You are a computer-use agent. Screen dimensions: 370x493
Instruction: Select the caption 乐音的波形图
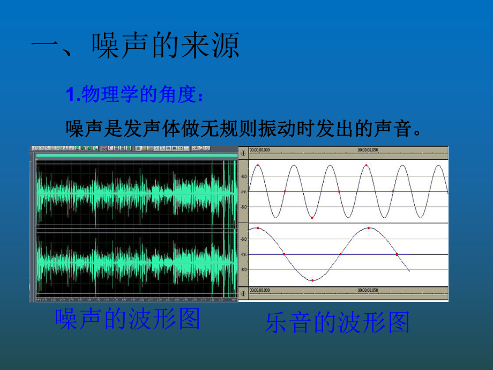(x=337, y=323)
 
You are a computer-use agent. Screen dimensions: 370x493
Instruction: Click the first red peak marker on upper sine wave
(x=258, y=166)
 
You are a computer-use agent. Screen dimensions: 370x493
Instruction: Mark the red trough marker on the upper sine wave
(x=312, y=218)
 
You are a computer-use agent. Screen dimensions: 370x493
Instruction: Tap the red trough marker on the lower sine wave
(x=312, y=280)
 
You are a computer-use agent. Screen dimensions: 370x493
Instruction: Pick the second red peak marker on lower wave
(x=369, y=228)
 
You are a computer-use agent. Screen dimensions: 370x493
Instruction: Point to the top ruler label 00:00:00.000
(x=259, y=151)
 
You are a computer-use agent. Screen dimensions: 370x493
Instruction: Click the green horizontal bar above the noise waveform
(x=136, y=156)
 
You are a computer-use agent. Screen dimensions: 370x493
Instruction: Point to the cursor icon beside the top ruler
(x=243, y=152)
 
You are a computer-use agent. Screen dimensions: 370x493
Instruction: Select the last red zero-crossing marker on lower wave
(x=397, y=254)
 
